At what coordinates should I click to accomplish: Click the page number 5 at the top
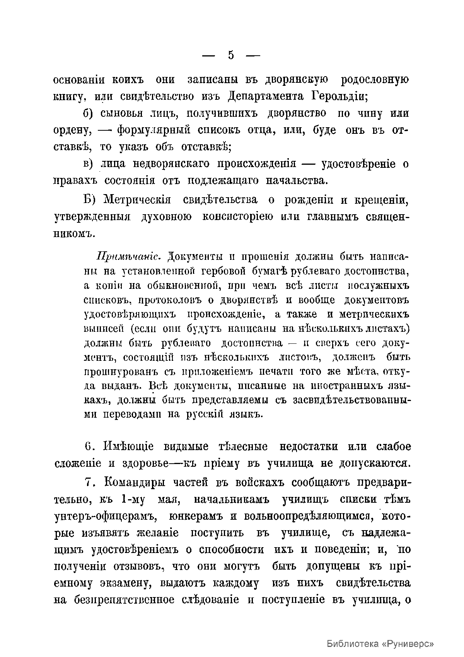231,55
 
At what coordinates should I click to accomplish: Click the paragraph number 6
88,447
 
